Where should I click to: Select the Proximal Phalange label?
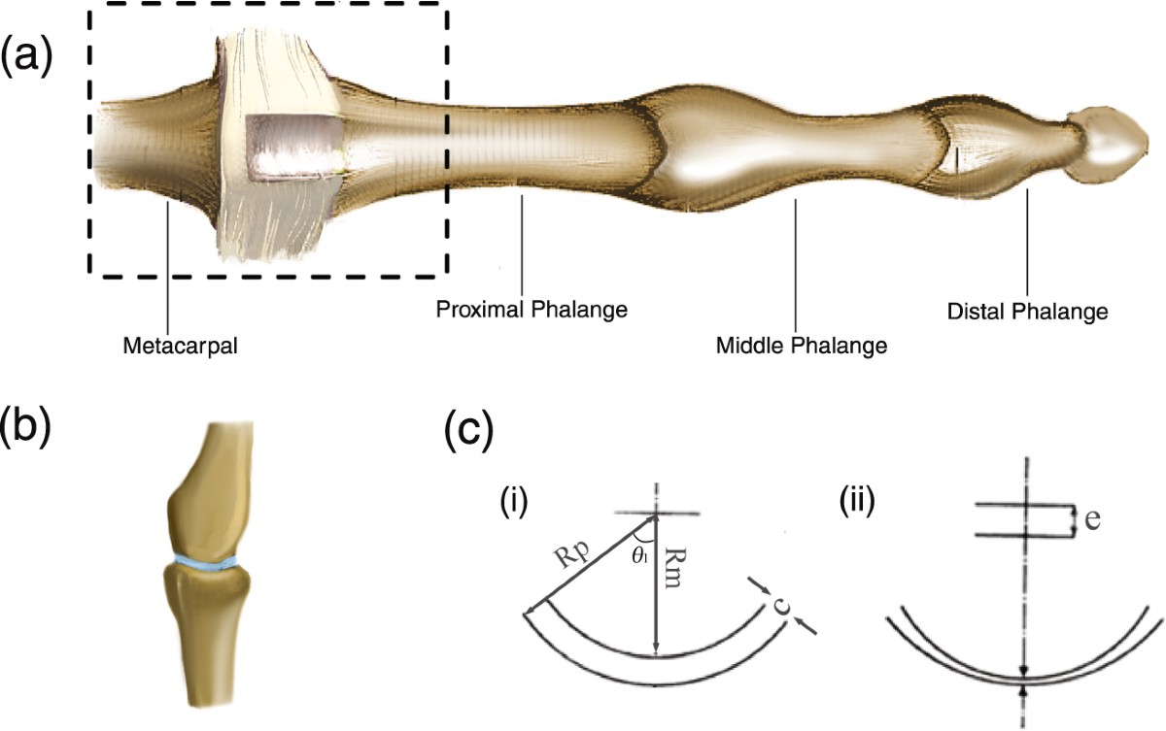tap(530, 311)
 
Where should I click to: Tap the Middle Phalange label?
tap(802, 345)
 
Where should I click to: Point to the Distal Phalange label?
tap(1027, 313)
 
